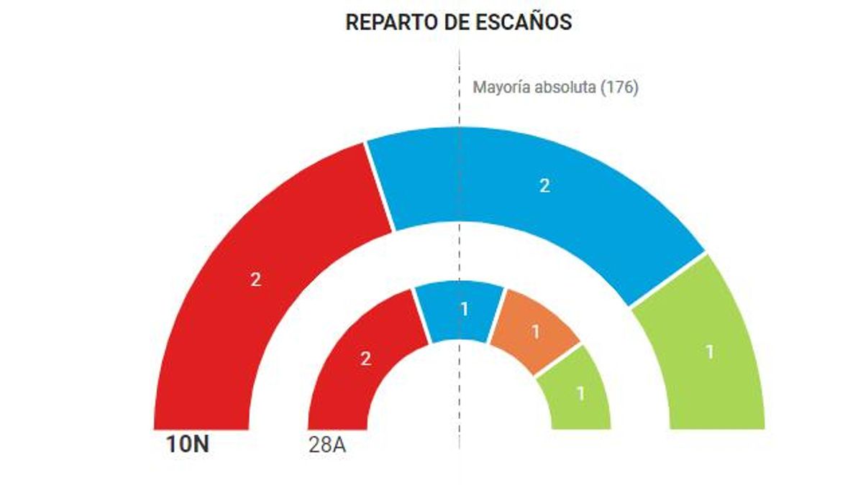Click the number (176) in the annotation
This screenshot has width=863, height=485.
pos(619,88)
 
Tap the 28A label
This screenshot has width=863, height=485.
pos(327,445)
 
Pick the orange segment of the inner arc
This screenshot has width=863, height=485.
pos(534,332)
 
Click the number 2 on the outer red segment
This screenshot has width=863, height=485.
pos(255,280)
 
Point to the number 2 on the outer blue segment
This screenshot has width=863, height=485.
pos(544,186)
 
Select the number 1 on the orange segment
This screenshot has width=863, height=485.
pos(535,331)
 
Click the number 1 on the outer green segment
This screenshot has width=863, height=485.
pos(709,352)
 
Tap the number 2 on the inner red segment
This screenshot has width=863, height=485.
pos(365,359)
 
